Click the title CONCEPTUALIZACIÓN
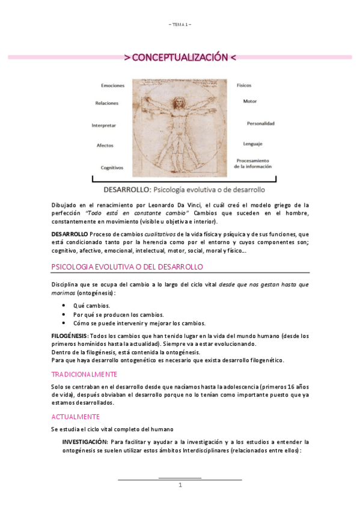pyautogui.click(x=180, y=58)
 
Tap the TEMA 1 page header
pyautogui.click(x=180, y=24)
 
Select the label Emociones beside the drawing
pyautogui.click(x=113, y=85)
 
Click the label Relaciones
pyautogui.click(x=107, y=103)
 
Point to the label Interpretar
pyautogui.click(x=103, y=126)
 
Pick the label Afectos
pyautogui.click(x=105, y=146)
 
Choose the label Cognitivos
pyautogui.click(x=112, y=168)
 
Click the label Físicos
pyautogui.click(x=245, y=85)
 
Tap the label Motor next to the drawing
pyautogui.click(x=250, y=101)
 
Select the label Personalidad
pyautogui.click(x=260, y=123)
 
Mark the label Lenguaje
pyautogui.click(x=252, y=144)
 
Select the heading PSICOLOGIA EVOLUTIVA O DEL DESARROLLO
pyautogui.click(x=127, y=266)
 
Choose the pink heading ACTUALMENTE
pyautogui.click(x=75, y=416)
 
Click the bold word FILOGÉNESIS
pyautogui.click(x=70, y=336)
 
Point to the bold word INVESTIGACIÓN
pyautogui.click(x=85, y=441)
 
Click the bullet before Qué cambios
pyautogui.click(x=64, y=306)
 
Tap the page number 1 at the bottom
pyautogui.click(x=180, y=485)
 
